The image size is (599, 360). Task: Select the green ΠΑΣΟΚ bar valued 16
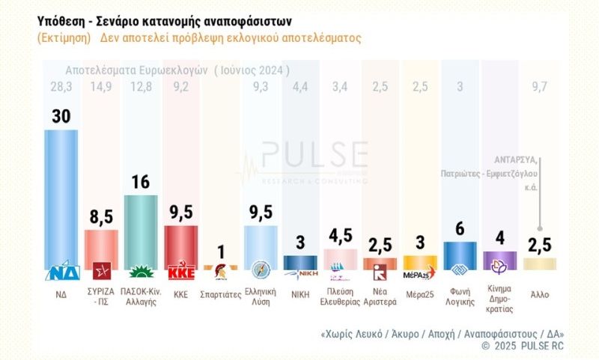140,228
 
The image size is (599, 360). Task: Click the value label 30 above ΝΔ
61,116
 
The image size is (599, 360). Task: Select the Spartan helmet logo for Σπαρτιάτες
220,272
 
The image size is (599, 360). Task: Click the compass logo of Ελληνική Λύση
260,271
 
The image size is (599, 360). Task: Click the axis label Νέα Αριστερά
379,299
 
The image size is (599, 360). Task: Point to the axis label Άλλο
539,295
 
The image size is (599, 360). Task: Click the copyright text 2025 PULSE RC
528,346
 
